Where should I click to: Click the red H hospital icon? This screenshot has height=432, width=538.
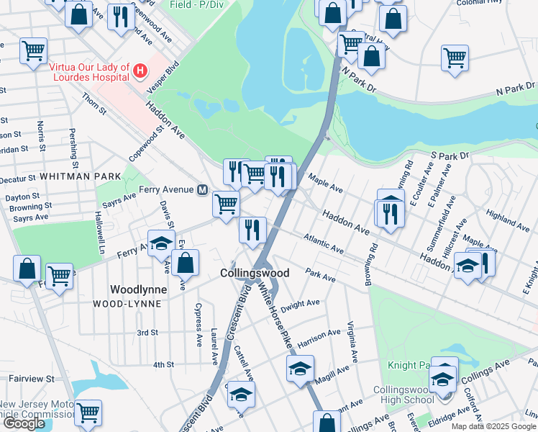tap(140, 71)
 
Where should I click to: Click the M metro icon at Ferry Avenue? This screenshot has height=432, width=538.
tap(203, 189)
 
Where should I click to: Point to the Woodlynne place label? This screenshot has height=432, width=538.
tap(138, 289)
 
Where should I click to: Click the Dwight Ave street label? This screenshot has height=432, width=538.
tap(300, 305)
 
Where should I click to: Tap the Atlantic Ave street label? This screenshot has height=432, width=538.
tap(324, 243)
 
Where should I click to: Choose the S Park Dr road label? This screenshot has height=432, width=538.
tap(450, 155)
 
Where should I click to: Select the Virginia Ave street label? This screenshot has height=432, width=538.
tap(352, 341)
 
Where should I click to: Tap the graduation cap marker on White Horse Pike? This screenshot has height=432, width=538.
tap(299, 371)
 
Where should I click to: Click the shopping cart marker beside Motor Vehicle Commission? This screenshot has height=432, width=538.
tap(88, 413)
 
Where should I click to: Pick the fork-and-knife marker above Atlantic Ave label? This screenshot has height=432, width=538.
tap(252, 230)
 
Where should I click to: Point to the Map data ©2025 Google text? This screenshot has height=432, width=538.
tap(493, 426)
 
